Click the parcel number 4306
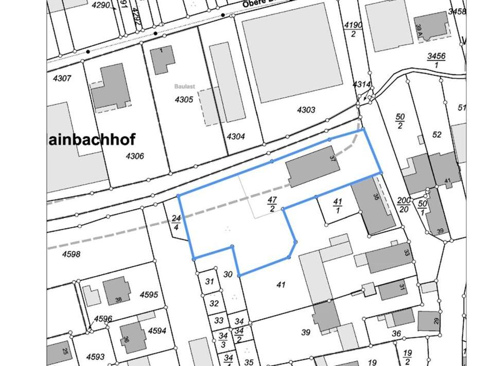pyautogui.click(x=134, y=156)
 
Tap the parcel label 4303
pyautogui.click(x=306, y=110)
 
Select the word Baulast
pyautogui.click(x=184, y=87)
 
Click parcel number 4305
pyautogui.click(x=184, y=100)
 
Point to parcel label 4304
pyautogui.click(x=236, y=137)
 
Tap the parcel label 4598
pyautogui.click(x=72, y=254)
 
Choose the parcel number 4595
pyautogui.click(x=149, y=295)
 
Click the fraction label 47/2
pyautogui.click(x=272, y=204)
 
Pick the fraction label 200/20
pyautogui.click(x=404, y=204)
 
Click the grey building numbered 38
pyautogui.click(x=117, y=291)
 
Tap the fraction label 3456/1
pyautogui.click(x=436, y=60)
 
